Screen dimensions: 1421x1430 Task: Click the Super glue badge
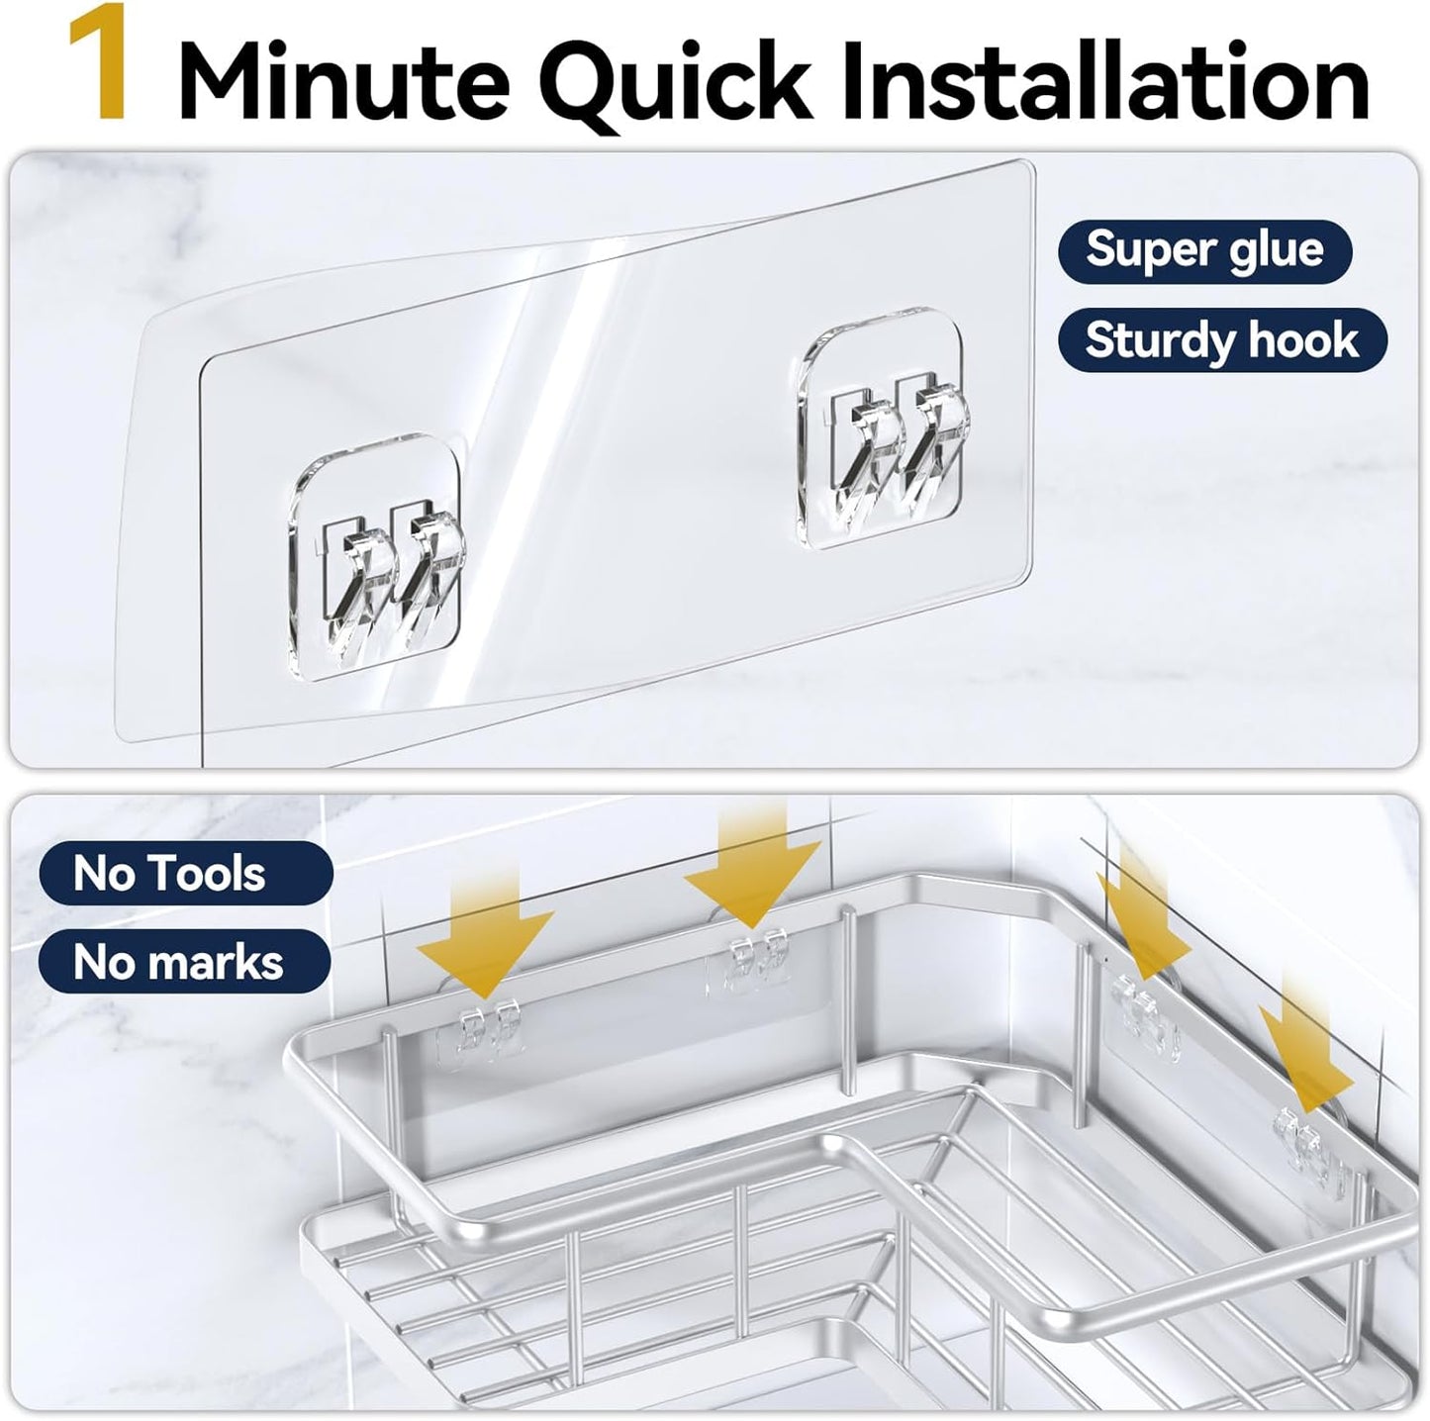click(x=1204, y=249)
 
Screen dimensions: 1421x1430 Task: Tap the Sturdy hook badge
click(x=1221, y=341)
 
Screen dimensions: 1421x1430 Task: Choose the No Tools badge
click(x=185, y=874)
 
